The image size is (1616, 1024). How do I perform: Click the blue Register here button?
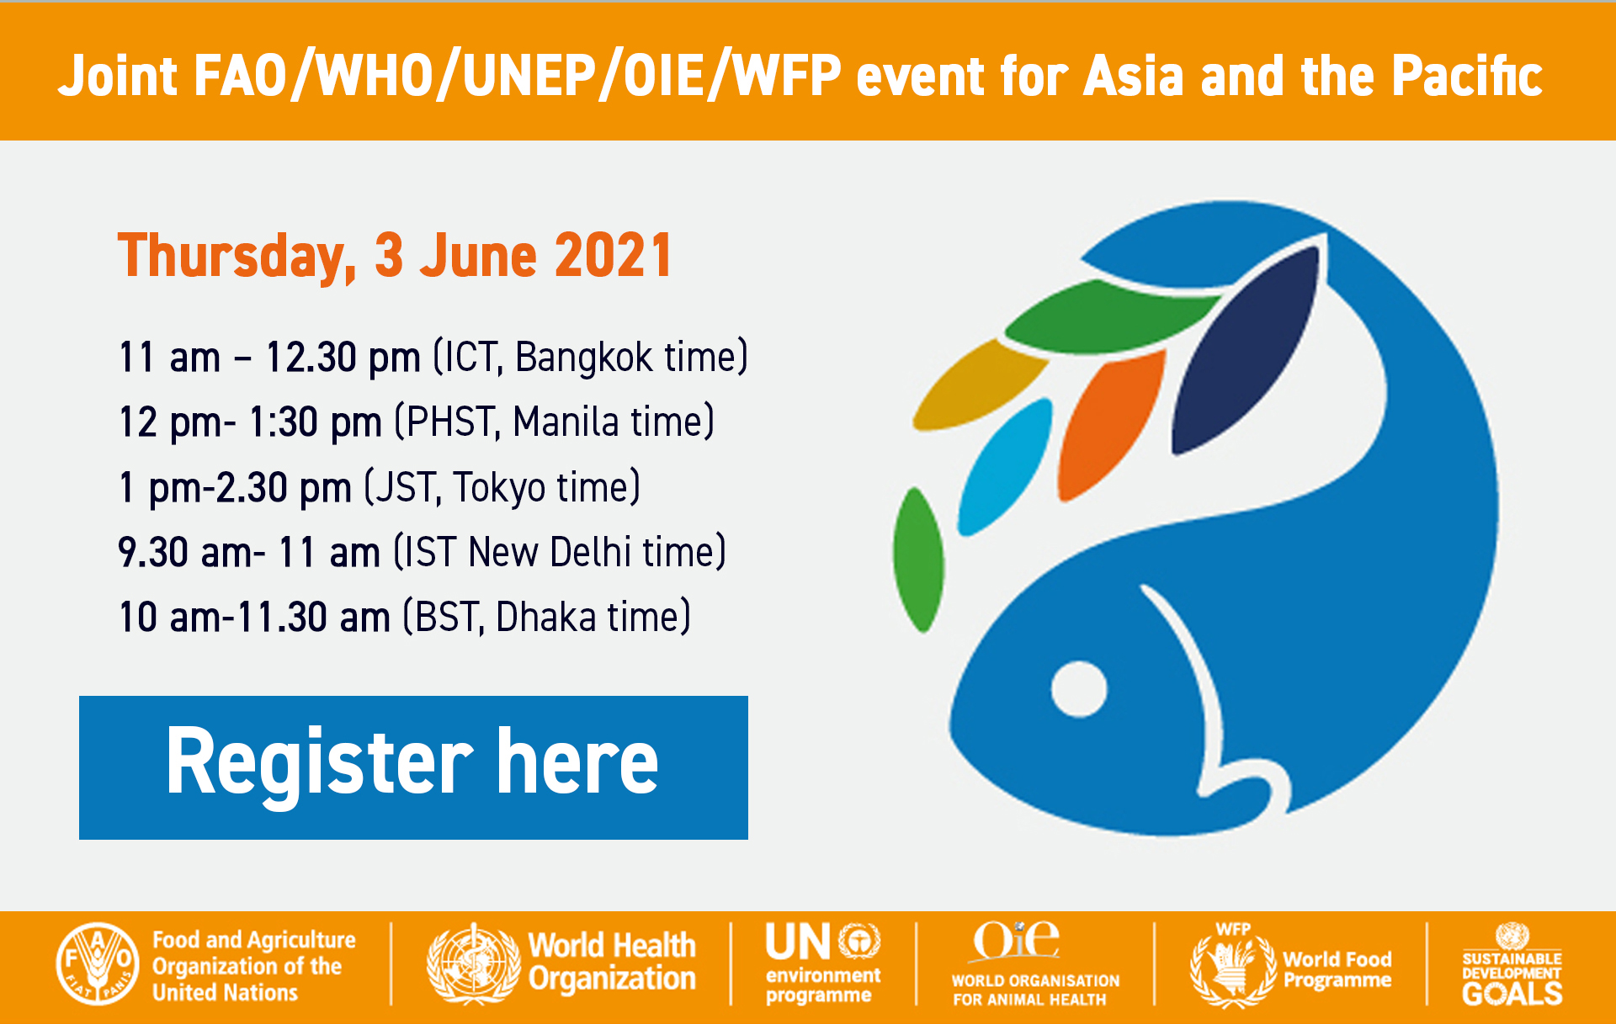click(413, 767)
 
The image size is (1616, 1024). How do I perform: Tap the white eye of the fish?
click(1078, 689)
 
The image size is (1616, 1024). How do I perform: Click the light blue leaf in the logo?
click(1003, 466)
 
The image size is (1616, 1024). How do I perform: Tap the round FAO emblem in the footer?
click(98, 963)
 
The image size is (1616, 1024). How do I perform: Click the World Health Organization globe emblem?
click(473, 964)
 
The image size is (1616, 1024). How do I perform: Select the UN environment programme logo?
click(822, 963)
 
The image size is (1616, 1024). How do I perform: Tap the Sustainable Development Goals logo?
click(1512, 965)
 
